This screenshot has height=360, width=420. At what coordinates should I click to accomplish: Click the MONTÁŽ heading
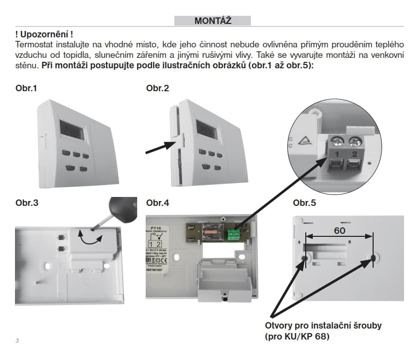tap(212, 20)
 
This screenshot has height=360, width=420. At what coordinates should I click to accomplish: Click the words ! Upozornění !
tap(44, 34)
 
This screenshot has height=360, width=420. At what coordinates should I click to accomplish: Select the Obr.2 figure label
tap(158, 88)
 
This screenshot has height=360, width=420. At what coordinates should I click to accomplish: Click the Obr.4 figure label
tap(158, 203)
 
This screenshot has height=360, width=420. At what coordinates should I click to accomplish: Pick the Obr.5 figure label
tap(304, 203)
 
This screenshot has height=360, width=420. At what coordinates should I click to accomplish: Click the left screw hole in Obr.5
tap(304, 257)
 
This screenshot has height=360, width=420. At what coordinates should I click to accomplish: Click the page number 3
tap(17, 341)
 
